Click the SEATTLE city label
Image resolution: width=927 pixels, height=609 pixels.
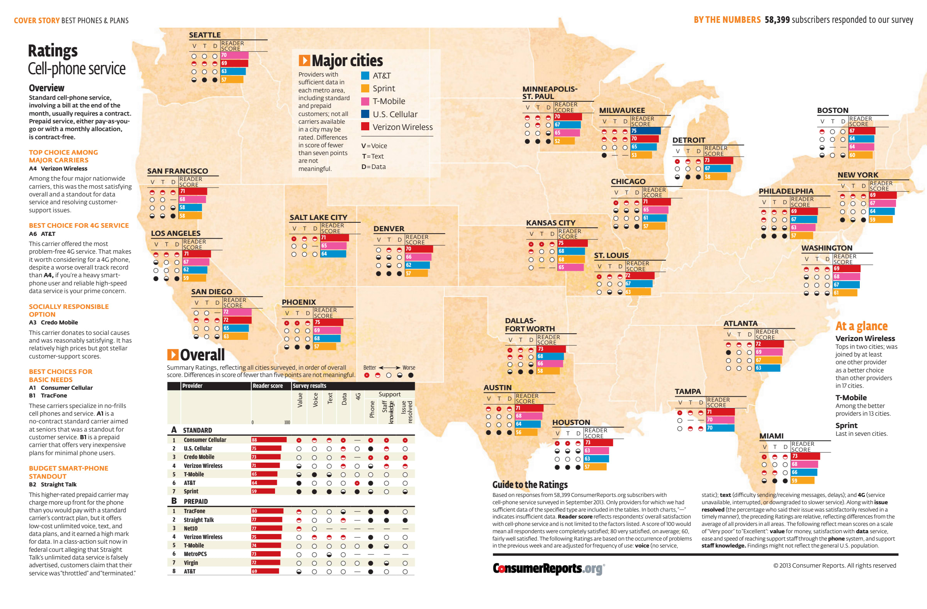coord(205,35)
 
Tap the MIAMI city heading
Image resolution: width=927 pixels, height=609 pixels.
coord(771,436)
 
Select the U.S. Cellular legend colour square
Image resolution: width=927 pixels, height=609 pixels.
coord(365,114)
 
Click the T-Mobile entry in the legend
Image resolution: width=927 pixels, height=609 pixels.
coord(388,101)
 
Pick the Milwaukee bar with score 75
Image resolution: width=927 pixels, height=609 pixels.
coord(646,131)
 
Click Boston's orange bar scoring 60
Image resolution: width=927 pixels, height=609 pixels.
coord(861,155)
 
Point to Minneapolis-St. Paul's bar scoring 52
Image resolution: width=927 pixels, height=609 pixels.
coord(564,141)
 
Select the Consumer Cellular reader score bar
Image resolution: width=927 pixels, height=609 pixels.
coord(269,440)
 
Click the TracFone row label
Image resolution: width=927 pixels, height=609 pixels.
coord(194,511)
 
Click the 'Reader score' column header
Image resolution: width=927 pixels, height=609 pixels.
coord(268,386)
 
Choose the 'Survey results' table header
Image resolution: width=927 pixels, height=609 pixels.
coord(309,386)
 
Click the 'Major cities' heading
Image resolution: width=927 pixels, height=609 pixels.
coord(347,61)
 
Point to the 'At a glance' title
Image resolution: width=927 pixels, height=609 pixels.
coord(861,326)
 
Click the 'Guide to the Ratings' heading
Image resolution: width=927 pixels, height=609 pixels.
coord(530,484)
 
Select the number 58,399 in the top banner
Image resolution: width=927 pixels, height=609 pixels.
coord(777,20)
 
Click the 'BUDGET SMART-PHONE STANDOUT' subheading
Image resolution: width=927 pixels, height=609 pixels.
coord(68,472)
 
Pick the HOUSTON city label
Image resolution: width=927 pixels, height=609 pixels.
coord(571,422)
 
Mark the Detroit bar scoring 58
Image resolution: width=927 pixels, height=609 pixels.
coord(716,177)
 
